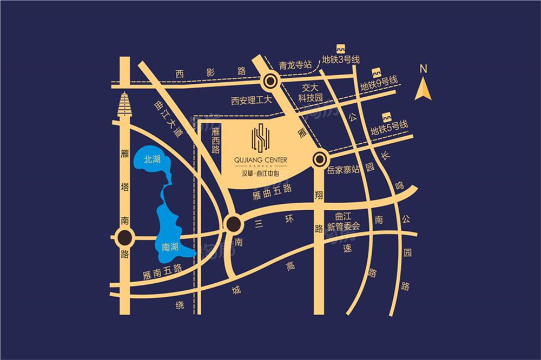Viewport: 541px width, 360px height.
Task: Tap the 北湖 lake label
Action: tap(152, 159)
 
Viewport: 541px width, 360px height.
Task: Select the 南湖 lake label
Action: tap(170, 247)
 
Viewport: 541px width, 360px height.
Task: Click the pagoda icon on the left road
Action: tap(126, 105)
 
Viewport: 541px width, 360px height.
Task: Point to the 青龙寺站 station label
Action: tap(295, 64)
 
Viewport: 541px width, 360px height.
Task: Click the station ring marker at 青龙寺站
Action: tap(270, 82)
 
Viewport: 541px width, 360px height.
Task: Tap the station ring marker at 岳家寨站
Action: tap(320, 159)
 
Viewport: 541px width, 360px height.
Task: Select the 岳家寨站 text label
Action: tap(344, 169)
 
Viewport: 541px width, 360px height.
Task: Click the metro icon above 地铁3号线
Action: tap(341, 49)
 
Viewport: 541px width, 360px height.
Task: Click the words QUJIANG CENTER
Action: tap(261, 159)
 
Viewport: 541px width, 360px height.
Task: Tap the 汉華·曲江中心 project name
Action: tap(261, 174)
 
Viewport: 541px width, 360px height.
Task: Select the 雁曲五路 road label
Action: tap(272, 189)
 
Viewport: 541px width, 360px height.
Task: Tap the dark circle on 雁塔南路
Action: tap(125, 237)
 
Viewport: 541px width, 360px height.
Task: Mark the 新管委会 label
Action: tap(344, 228)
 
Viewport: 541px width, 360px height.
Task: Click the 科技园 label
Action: tap(311, 98)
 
